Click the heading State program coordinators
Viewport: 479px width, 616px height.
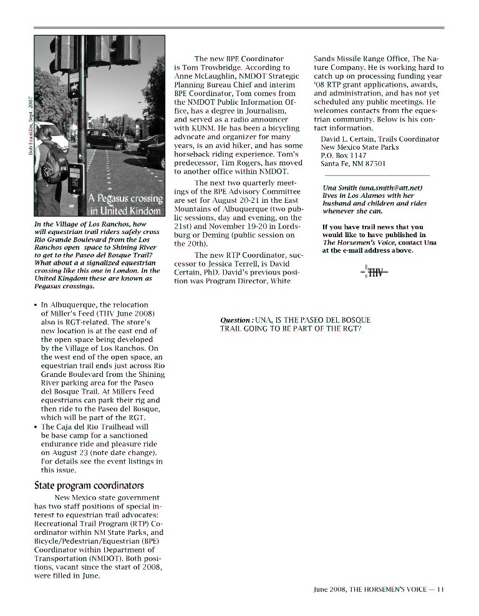pos(89,486)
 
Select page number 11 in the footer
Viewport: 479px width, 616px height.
pos(440,588)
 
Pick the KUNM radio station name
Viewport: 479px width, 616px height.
pos(206,128)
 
